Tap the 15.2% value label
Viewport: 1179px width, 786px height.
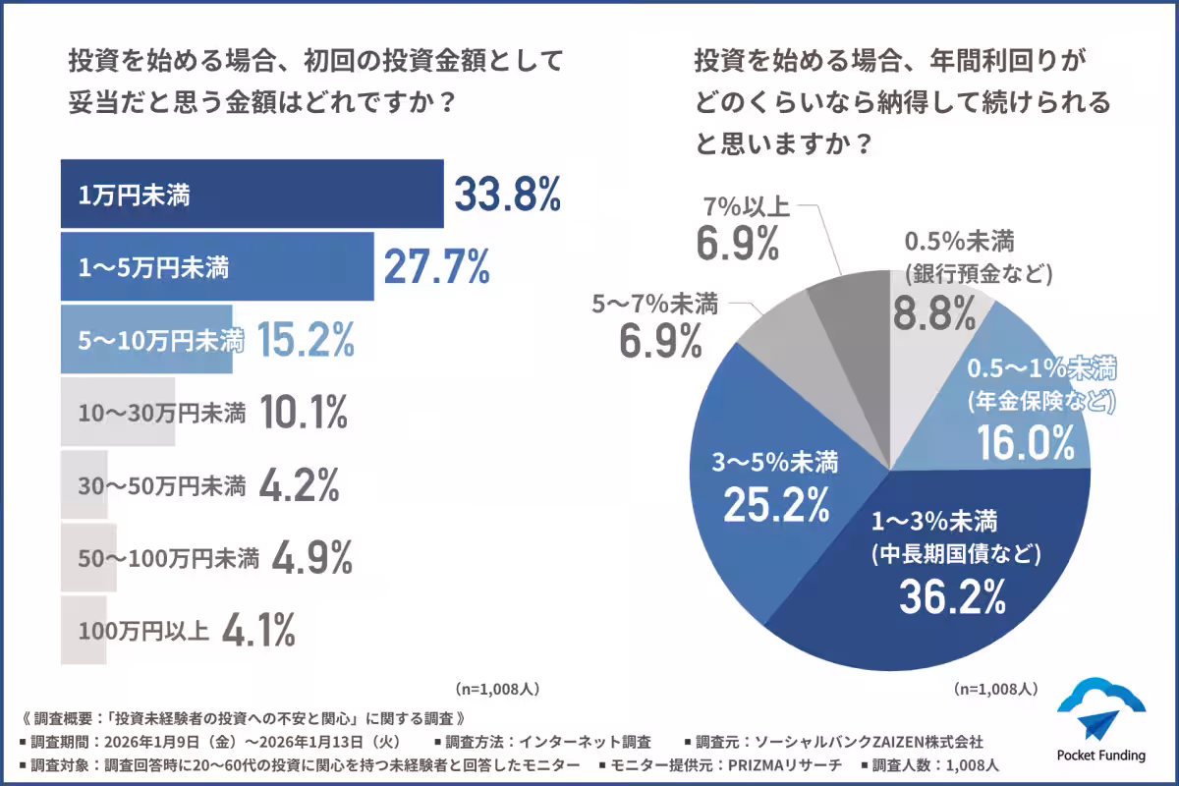305,340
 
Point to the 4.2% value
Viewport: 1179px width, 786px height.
300,485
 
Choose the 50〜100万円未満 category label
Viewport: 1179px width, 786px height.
168,558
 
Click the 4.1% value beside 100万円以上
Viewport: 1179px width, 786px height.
257,631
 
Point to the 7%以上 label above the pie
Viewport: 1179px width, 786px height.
746,208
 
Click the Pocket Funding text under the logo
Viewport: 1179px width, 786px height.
1101,756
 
